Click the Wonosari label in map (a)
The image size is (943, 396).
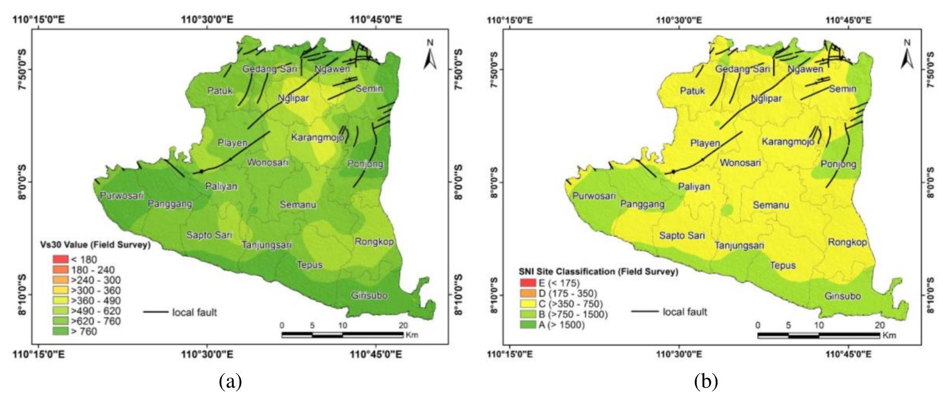[x=267, y=163]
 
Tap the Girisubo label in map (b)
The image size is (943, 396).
[x=842, y=296]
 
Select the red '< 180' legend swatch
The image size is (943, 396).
[x=60, y=259]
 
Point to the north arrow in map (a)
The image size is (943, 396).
[x=430, y=56]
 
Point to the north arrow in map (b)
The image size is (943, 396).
[x=907, y=56]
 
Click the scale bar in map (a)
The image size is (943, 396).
[x=342, y=335]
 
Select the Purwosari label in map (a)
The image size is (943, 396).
[x=122, y=196]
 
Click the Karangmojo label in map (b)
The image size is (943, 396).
[x=787, y=142]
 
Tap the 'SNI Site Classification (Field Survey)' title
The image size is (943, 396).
[x=598, y=271]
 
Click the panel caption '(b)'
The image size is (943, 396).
[x=706, y=382]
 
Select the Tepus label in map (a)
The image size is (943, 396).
[x=309, y=265]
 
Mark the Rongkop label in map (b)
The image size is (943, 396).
[x=847, y=242]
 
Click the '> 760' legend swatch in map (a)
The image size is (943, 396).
[x=60, y=331]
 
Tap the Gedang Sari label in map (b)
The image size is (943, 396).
[x=742, y=69]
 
